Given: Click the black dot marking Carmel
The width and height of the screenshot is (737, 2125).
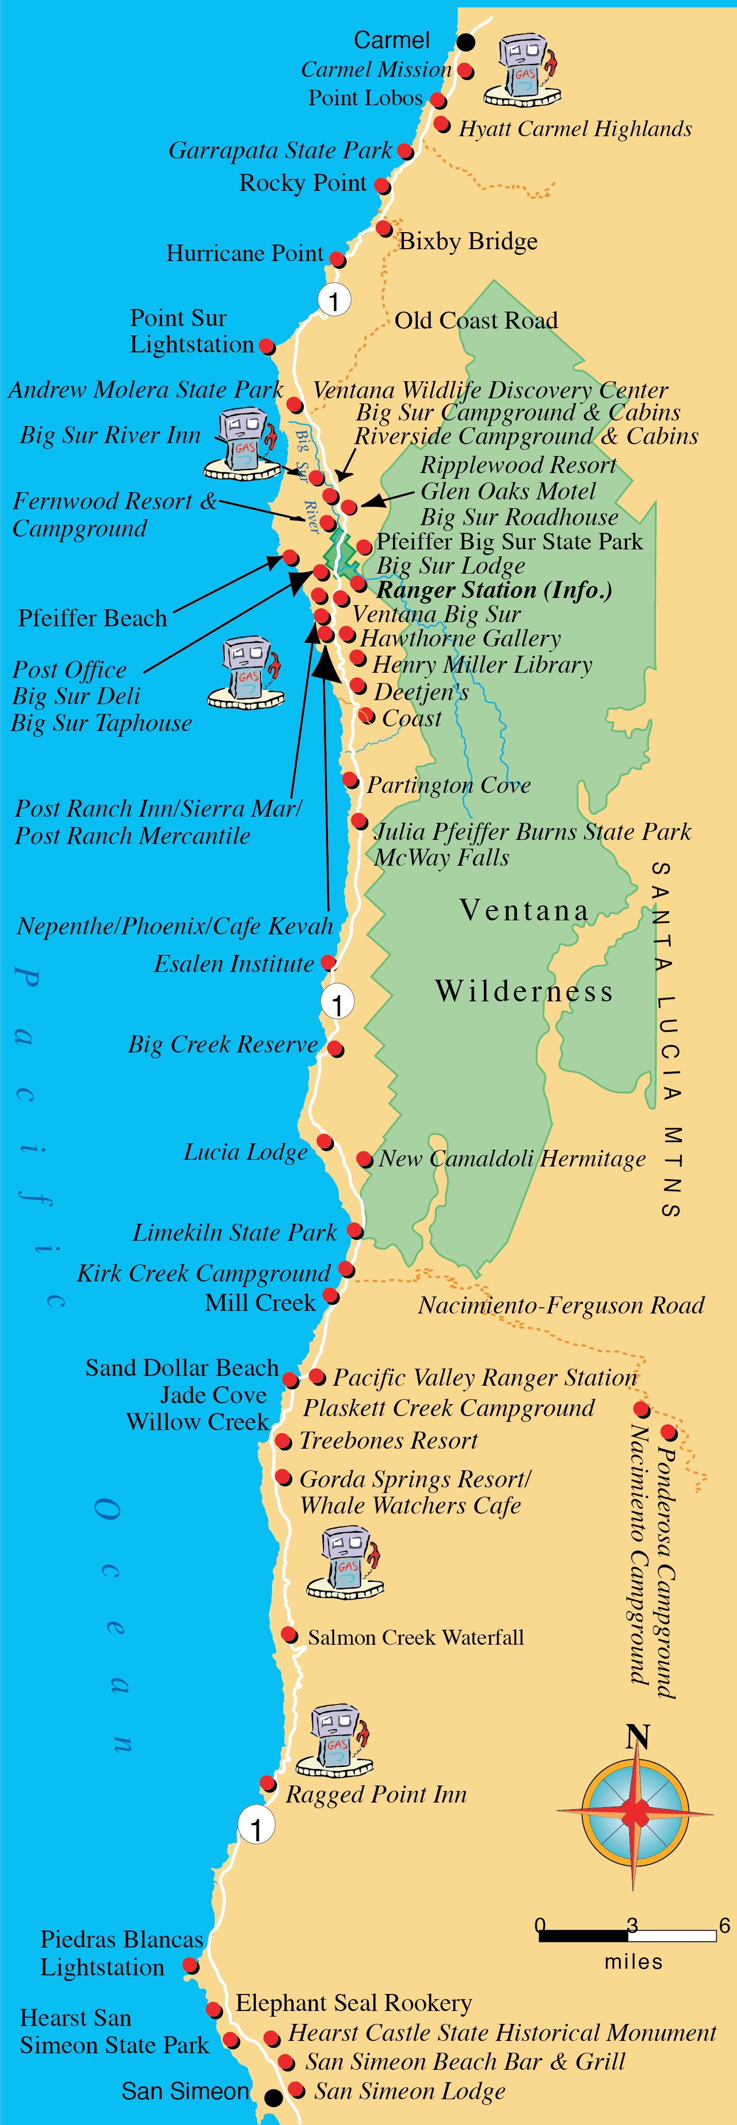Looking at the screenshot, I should click(467, 42).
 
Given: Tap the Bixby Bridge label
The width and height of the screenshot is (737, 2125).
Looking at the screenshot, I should click(468, 242).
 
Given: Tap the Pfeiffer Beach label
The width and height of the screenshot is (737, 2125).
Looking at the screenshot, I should click(92, 618).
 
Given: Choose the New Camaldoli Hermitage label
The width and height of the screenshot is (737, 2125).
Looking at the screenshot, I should click(512, 1159).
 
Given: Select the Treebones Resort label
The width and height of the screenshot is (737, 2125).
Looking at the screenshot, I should click(388, 1440).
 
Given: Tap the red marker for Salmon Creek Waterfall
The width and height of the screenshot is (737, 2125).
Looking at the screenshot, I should click(288, 1634).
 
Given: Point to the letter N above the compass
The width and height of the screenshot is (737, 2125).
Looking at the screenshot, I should click(637, 1737).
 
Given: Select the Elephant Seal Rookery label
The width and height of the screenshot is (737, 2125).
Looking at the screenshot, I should click(354, 2003).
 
